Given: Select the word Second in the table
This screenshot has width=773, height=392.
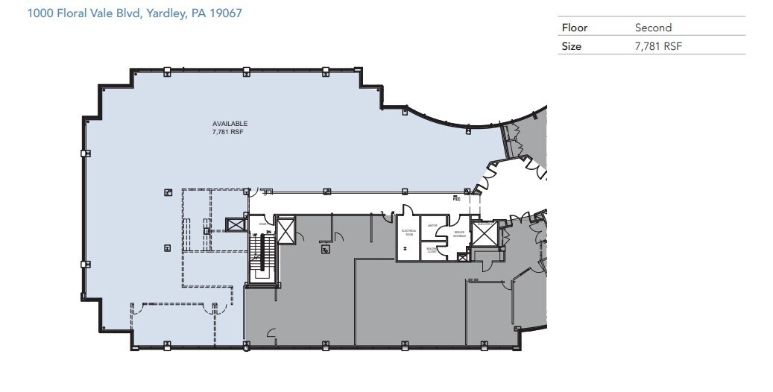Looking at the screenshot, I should [653, 28].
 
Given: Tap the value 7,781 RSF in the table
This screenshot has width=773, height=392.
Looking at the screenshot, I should [659, 46].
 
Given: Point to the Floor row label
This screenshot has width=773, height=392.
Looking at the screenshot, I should [575, 28].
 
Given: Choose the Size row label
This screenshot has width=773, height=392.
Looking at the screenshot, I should [572, 46].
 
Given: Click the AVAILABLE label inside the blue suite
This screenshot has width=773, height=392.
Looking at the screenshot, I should [230, 124].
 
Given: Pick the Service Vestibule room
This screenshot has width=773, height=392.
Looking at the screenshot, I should [460, 233].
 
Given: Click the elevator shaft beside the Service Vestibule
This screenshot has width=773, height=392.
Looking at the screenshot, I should [484, 233].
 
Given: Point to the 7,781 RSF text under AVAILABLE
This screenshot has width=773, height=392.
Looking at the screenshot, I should [230, 132].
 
